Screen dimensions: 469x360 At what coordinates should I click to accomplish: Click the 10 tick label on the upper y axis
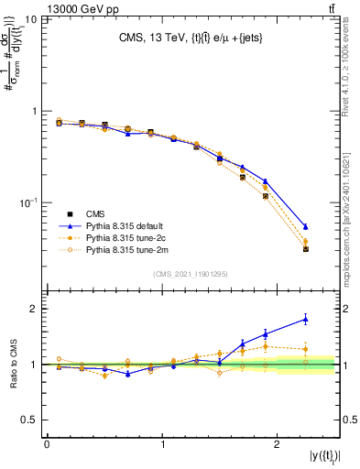[x=31, y=19]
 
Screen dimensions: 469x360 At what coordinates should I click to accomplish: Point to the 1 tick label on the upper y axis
[x=35, y=111]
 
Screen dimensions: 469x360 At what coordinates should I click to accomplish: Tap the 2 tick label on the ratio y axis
[x=35, y=309]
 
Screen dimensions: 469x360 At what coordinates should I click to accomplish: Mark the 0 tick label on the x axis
[x=47, y=444]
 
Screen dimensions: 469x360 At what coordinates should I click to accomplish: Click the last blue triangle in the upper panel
[x=305, y=226]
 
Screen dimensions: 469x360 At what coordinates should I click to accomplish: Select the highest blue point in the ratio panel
[x=305, y=319]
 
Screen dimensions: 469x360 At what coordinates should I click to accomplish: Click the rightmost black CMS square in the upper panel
[x=305, y=248]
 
